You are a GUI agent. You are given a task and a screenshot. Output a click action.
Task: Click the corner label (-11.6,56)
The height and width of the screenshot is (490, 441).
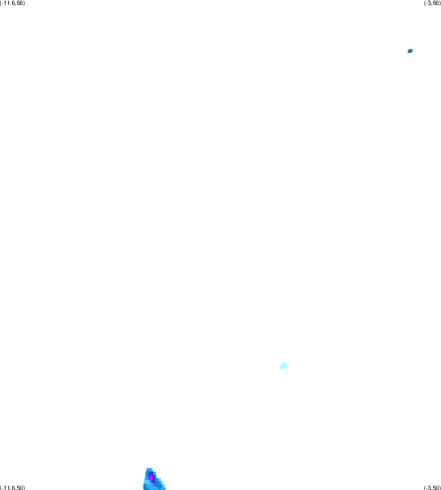tap(12, 3)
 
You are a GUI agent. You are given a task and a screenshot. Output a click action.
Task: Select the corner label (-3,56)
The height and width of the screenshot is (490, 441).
tap(432, 3)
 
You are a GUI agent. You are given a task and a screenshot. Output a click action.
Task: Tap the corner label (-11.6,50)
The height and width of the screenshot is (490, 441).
tap(12, 488)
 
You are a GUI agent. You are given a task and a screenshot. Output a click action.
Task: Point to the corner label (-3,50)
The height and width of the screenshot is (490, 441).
tap(432, 488)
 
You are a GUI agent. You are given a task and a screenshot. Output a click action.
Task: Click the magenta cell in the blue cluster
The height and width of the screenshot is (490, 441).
tap(151, 478)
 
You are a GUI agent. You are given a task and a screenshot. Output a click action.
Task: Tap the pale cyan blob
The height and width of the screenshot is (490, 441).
tap(284, 365)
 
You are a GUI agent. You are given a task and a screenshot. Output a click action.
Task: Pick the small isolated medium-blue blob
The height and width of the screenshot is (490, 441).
tap(410, 51)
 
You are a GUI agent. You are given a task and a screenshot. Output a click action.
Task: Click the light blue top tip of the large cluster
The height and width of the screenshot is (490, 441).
tap(149, 469)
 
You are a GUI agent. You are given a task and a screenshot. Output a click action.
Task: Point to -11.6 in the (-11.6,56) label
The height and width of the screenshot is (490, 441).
tap(8, 3)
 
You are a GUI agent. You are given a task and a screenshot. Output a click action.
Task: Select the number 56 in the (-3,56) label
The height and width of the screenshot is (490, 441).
tap(436, 3)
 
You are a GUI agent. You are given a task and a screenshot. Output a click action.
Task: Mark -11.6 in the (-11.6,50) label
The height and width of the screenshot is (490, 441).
tap(8, 488)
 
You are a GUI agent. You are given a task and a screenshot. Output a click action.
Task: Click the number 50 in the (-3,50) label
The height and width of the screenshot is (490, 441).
tap(436, 488)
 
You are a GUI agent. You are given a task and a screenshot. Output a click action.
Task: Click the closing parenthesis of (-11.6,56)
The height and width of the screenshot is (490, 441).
tap(24, 3)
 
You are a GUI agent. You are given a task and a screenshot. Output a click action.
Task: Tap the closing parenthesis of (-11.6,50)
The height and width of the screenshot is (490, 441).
tap(24, 488)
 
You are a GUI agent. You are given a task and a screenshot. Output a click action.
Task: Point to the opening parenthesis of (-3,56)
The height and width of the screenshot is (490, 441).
tap(425, 3)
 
